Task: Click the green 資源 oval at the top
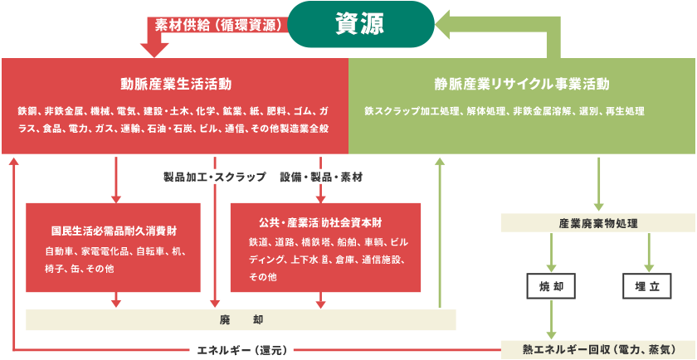pos(359,24)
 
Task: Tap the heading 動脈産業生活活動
pos(175,84)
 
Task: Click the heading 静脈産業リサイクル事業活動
pos(522,84)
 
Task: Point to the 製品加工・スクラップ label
pos(214,177)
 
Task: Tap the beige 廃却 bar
pos(241,319)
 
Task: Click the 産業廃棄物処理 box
pos(597,223)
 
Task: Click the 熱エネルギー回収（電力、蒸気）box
pos(597,349)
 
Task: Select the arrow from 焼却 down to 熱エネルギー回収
pos(552,319)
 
